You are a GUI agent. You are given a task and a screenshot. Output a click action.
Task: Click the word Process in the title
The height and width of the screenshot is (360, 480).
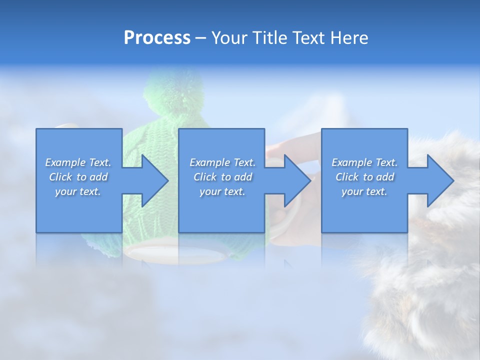coord(157,38)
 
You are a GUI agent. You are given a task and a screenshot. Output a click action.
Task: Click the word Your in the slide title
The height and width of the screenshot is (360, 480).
coord(229,38)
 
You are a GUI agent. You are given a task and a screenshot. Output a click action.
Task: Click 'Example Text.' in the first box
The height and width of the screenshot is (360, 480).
coord(78,162)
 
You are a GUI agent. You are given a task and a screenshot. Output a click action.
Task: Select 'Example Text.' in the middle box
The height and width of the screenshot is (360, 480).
coord(222,162)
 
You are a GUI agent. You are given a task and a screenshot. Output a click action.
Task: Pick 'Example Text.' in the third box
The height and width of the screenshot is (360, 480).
coord(364,162)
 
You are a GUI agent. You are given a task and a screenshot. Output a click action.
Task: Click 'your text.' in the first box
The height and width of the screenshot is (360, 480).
coord(78,191)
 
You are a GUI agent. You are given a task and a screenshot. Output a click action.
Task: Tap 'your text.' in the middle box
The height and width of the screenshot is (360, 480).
coord(222,191)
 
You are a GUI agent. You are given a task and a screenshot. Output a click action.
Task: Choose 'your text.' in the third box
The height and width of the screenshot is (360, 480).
coord(364,191)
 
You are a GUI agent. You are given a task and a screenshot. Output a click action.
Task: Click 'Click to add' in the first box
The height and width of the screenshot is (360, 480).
coord(78,177)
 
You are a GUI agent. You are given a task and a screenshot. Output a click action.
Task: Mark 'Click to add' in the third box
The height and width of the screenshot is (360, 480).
coord(364,177)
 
